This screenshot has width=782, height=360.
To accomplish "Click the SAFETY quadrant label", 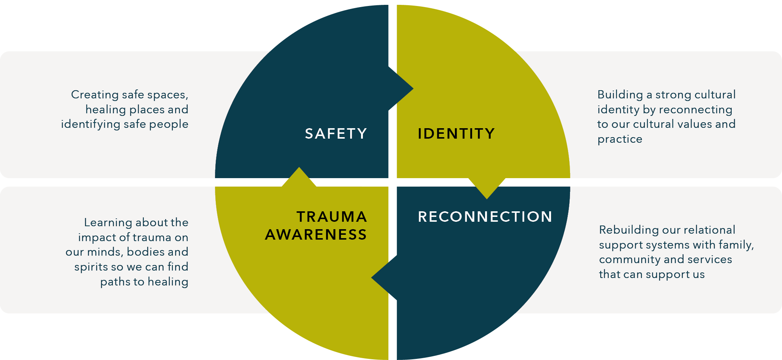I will coord(336,133).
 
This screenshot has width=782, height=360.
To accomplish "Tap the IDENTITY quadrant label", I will coord(456,133).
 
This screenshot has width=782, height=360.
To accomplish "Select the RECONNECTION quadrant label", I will coord(485,217).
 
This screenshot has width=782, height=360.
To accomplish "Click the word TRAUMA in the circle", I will coord(332,217).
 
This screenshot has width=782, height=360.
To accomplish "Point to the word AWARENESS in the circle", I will coord(316,234).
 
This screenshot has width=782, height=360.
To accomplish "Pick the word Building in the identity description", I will coord(620,95).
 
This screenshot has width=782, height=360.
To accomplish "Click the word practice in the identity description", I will coord(620,139).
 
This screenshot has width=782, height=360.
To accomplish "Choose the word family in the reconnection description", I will coord(735,245).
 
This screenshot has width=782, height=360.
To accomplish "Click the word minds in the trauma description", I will coord(105,252).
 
